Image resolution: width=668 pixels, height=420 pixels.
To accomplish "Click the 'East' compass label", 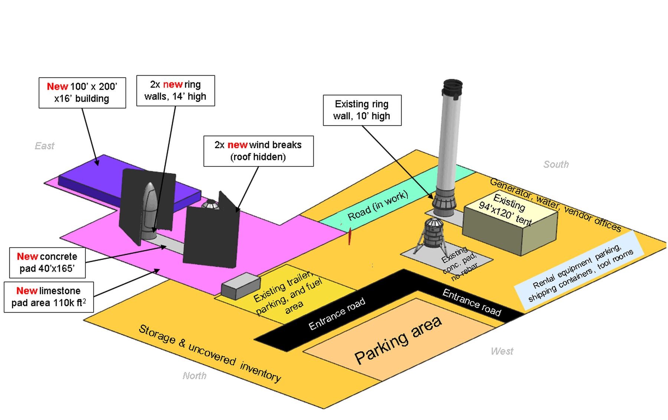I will [x=45, y=146].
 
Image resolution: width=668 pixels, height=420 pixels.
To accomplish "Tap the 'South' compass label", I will [x=556, y=165].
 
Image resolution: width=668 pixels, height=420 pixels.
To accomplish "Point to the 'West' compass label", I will [x=502, y=351].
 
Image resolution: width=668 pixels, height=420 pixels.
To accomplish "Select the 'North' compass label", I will [x=194, y=376].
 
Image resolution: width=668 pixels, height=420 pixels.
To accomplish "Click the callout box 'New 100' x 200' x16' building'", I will [x=82, y=93].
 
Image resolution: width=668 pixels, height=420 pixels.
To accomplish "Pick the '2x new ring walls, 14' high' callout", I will [x=176, y=91].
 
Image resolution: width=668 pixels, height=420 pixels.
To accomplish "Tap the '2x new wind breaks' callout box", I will [x=258, y=151].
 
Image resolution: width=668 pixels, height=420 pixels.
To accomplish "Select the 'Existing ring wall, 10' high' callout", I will [x=362, y=110].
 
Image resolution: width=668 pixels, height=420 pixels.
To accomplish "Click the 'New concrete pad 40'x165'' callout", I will [x=47, y=262].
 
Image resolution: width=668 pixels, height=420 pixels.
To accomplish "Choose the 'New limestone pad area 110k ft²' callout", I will [x=49, y=297].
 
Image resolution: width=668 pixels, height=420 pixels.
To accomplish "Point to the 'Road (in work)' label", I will [x=377, y=206].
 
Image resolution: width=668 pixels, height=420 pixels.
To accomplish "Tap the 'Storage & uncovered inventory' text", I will [x=210, y=353].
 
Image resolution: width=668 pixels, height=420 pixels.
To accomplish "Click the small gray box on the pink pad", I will [x=240, y=285].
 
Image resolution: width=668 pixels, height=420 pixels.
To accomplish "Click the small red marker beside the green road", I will [x=349, y=236].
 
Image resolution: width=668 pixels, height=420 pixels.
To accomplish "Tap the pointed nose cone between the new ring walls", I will [x=150, y=193].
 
